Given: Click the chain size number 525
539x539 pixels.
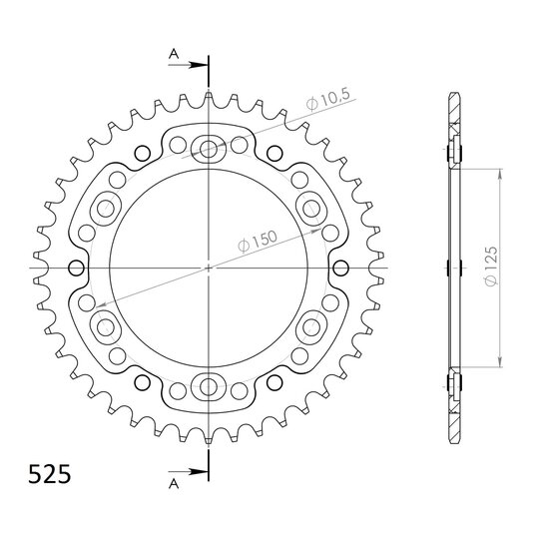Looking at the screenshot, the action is [x=50, y=475].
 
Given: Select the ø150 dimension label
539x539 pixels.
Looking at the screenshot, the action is [x=258, y=241].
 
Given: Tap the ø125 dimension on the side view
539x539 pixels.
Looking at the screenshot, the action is [x=491, y=266].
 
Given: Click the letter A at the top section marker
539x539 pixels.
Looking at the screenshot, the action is [x=174, y=54].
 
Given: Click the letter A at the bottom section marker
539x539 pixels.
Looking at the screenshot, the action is [x=174, y=484].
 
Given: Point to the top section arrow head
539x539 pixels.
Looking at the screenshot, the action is [x=200, y=65].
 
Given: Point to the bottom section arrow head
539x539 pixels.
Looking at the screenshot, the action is [x=200, y=472].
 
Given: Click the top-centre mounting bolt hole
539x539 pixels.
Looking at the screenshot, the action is [x=208, y=149].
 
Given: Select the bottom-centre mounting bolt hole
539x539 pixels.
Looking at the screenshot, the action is [x=208, y=387].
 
